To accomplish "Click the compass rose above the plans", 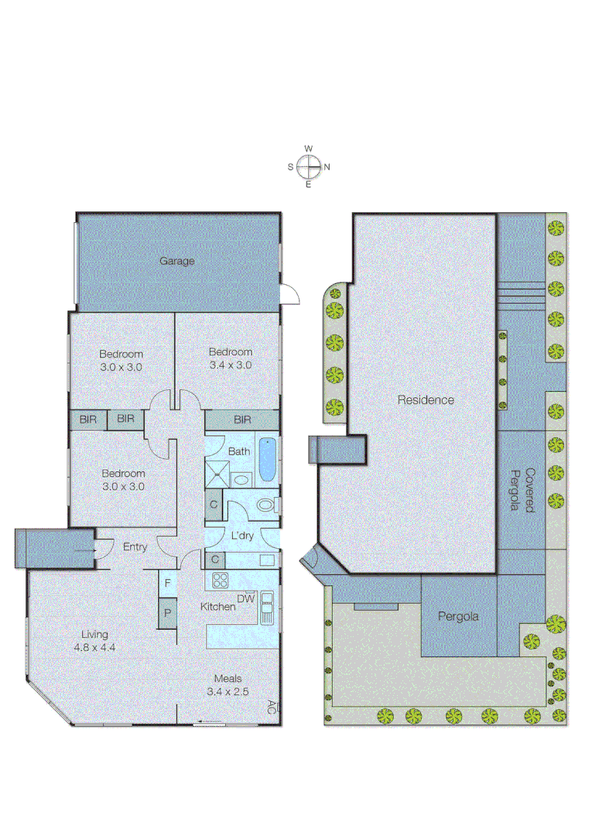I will coord(309,166).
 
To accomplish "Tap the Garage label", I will coord(177,261).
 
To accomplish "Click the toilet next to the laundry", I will coord(265,506).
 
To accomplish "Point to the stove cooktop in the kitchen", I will coord(219,580).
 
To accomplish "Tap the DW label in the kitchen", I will coord(245,598).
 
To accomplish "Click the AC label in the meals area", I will coord(271,706).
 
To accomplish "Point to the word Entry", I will coord(135,547).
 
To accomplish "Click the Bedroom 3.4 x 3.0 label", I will coord(230,358).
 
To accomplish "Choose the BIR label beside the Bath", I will coord(242,420).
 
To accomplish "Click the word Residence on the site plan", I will coord(426,400).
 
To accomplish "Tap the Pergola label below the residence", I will coord(458,617).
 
